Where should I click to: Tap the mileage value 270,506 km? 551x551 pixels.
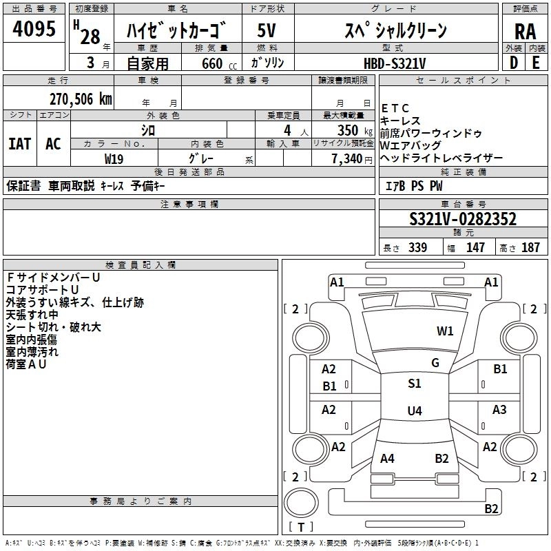pyautogui.click(x=81, y=99)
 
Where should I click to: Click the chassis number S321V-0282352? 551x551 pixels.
pyautogui.click(x=462, y=220)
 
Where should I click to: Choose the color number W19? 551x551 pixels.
pyautogui.click(x=114, y=159)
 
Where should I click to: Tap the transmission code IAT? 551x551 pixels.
pyautogui.click(x=19, y=144)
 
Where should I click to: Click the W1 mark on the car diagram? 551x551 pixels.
pyautogui.click(x=445, y=331)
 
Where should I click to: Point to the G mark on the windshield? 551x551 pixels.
pyautogui.click(x=435, y=363)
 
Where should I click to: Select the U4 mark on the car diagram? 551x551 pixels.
pyautogui.click(x=414, y=411)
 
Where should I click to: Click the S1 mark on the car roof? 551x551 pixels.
pyautogui.click(x=414, y=384)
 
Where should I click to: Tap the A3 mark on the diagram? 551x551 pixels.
pyautogui.click(x=499, y=410)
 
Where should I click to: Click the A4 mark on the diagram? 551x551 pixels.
pyautogui.click(x=387, y=459)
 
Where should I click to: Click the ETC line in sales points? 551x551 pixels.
pyautogui.click(x=395, y=108)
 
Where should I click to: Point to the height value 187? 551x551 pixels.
pyautogui.click(x=530, y=248)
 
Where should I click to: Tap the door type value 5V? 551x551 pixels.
pyautogui.click(x=267, y=31)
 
